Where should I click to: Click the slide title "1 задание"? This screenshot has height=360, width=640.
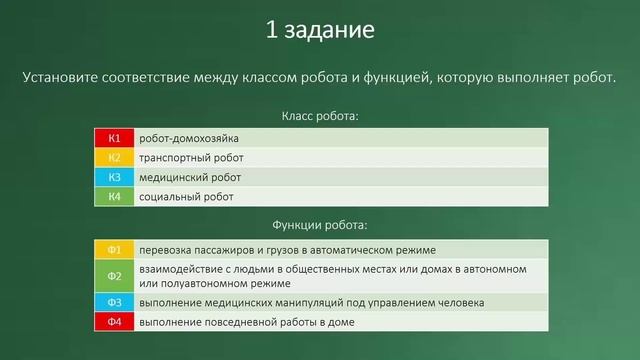click(x=320, y=30)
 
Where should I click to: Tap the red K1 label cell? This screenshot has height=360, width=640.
click(x=114, y=138)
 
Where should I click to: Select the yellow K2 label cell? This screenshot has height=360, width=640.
click(x=114, y=158)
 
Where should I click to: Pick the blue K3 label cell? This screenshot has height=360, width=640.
click(x=114, y=177)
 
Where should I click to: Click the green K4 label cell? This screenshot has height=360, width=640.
click(x=114, y=197)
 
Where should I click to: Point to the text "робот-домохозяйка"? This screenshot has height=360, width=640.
click(x=189, y=138)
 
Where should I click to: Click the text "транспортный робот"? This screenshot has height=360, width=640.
click(x=191, y=158)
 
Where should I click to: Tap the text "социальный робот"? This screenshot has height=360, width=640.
click(x=186, y=197)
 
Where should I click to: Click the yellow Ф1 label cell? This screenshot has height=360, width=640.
click(x=114, y=249)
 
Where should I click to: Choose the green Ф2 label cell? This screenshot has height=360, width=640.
click(x=114, y=276)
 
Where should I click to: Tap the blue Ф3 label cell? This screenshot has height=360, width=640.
click(x=114, y=302)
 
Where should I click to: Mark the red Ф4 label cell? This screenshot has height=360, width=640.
click(x=114, y=322)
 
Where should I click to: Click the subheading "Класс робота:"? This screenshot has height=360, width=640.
click(x=320, y=116)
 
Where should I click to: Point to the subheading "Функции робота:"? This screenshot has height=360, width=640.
click(x=320, y=225)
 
